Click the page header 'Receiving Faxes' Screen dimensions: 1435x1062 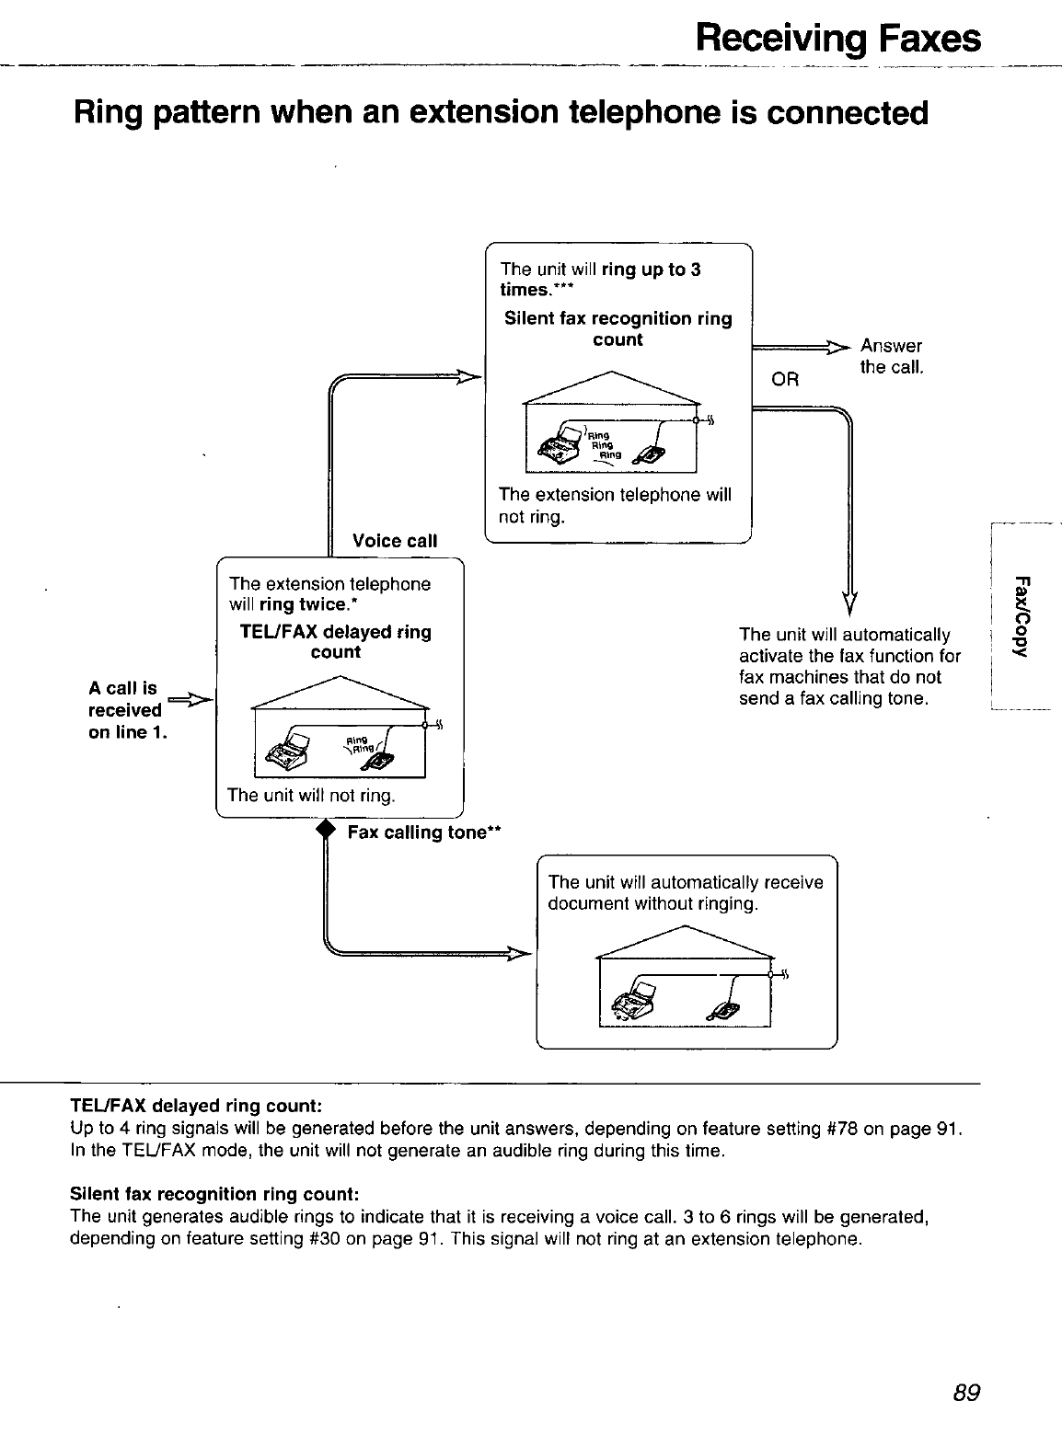837,39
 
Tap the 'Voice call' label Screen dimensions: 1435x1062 394,540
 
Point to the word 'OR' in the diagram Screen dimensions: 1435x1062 785,379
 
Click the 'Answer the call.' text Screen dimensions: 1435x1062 891,356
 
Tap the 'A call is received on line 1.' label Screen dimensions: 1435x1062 126,710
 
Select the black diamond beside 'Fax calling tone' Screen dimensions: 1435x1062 322,830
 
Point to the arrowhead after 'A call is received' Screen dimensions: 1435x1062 202,701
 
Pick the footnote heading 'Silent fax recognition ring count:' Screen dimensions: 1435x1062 214,1194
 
